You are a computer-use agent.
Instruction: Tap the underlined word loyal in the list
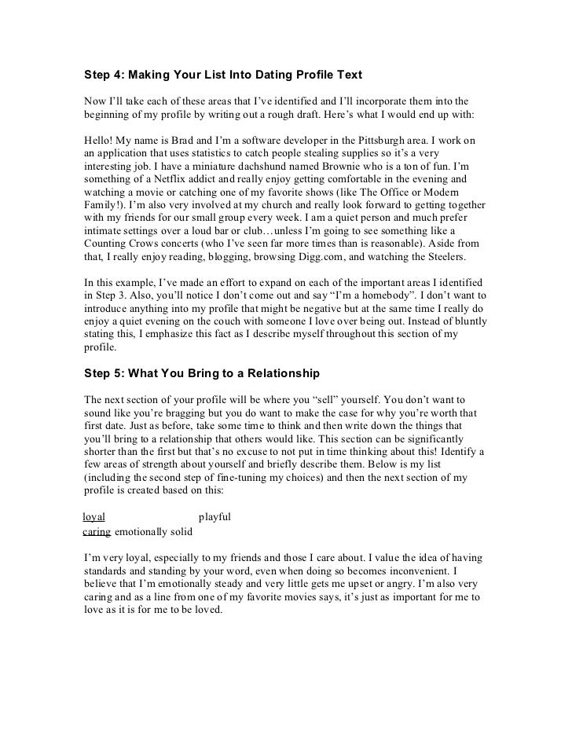pyautogui.click(x=93, y=517)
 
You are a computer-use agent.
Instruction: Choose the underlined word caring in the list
pyautogui.click(x=97, y=532)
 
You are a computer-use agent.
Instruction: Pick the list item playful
pyautogui.click(x=214, y=517)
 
